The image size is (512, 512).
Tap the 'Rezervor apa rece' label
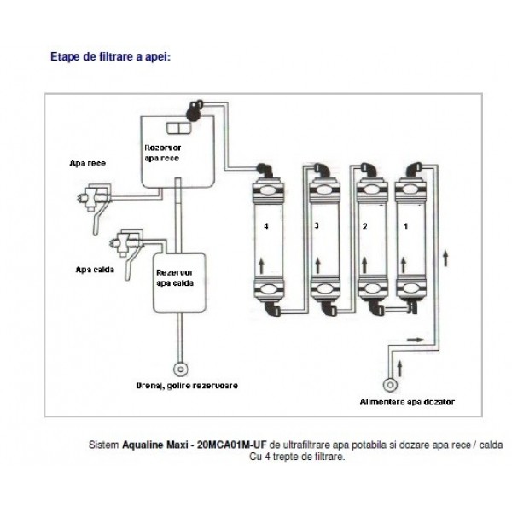[x=161, y=152]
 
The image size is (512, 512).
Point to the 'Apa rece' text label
[x=88, y=161]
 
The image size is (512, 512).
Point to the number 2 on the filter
[x=364, y=226]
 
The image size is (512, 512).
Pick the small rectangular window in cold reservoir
[x=178, y=129]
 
